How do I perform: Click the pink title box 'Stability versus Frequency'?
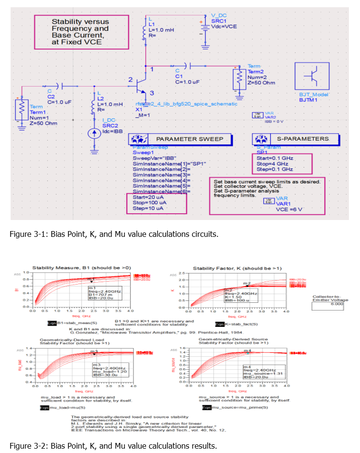(x=80, y=32)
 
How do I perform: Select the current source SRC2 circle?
(x=94, y=133)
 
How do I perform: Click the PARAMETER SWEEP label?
(x=189, y=139)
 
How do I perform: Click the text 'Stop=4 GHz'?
(x=273, y=164)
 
